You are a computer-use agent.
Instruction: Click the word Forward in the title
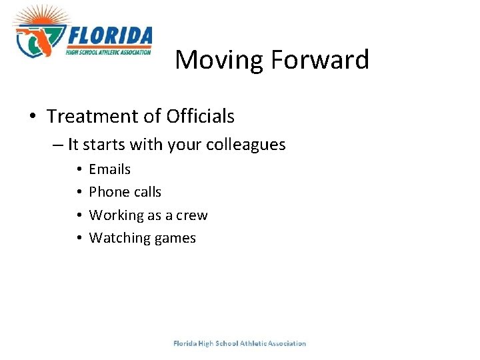click(319, 60)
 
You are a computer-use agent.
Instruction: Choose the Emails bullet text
click(110, 169)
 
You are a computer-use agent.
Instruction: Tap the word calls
click(147, 192)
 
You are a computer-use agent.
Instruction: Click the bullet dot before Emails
click(79, 169)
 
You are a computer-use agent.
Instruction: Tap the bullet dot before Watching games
click(79, 238)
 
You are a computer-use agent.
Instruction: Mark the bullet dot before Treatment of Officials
click(33, 117)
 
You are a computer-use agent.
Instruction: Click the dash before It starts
click(59, 145)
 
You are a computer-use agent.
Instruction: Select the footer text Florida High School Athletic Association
click(239, 343)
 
